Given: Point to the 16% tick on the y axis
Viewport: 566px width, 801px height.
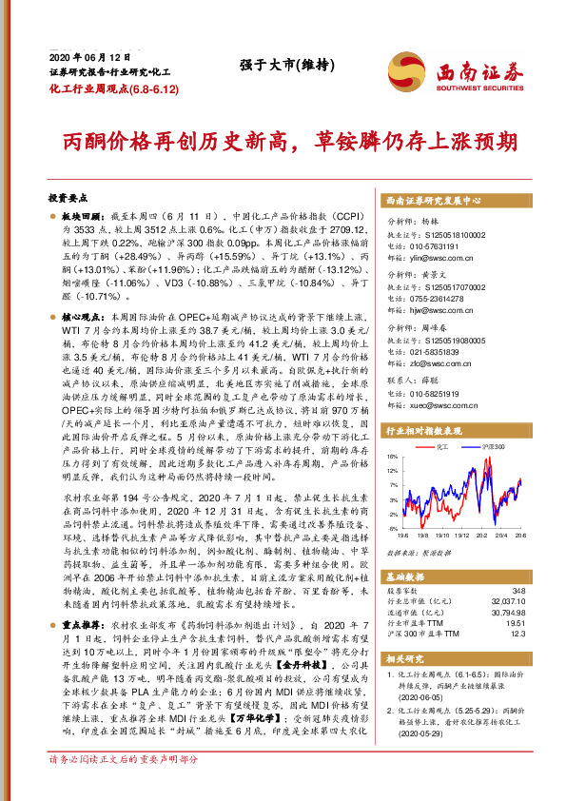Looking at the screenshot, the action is (393, 456).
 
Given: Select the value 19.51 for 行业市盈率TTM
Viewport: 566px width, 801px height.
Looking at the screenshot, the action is (515, 623).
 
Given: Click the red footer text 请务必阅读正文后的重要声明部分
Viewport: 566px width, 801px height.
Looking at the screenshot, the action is (124, 786).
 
